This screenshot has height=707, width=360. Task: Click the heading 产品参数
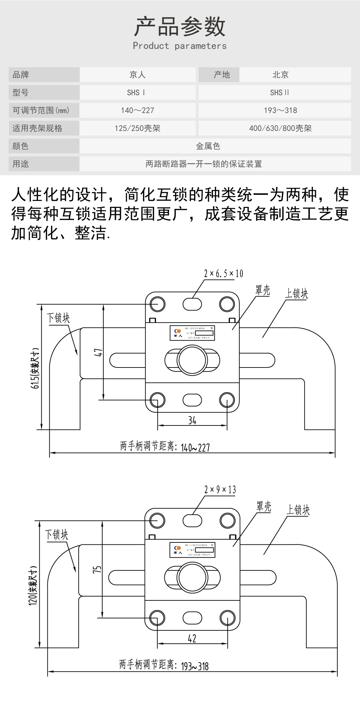click(180, 27)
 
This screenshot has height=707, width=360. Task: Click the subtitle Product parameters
click(180, 46)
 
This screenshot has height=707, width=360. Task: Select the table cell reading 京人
click(137, 75)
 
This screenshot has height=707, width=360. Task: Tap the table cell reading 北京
click(280, 75)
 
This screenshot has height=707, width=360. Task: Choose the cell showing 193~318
click(280, 110)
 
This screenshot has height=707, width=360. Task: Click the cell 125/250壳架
click(137, 128)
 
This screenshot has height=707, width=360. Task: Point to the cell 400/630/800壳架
click(280, 128)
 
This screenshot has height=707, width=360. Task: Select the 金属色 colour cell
click(208, 146)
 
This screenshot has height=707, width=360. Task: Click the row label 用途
click(21, 164)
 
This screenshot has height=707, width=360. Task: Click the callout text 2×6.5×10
click(224, 274)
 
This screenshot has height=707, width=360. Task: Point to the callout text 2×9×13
click(220, 490)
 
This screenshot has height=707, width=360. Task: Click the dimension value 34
click(192, 420)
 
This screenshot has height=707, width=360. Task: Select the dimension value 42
click(192, 639)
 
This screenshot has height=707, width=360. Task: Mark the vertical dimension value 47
click(98, 353)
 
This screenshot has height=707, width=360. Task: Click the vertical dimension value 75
click(97, 569)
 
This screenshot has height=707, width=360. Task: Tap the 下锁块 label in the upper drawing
click(58, 318)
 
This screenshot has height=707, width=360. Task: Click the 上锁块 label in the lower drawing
click(298, 510)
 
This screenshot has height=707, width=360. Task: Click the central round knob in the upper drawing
click(192, 360)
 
